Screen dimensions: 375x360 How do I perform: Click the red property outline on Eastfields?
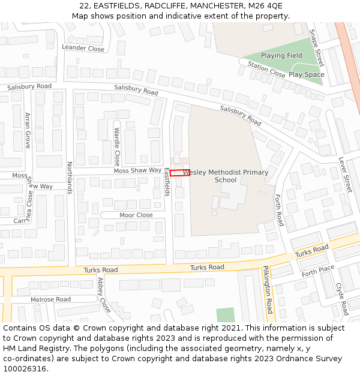(x=180, y=173)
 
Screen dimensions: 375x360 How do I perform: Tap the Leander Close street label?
(x=83, y=48)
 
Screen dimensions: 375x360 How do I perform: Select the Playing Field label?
(x=281, y=56)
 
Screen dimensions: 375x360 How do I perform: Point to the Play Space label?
(x=307, y=75)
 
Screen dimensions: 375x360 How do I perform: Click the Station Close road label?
(x=266, y=70)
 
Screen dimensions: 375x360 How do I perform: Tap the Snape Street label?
(x=316, y=48)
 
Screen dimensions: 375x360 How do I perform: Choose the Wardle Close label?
(x=117, y=146)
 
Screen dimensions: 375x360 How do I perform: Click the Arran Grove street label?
(x=27, y=131)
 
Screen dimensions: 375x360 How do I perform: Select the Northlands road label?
(x=70, y=178)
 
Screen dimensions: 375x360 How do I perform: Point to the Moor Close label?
(x=136, y=215)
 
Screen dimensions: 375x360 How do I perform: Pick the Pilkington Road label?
(x=268, y=291)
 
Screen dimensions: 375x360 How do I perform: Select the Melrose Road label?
(x=51, y=299)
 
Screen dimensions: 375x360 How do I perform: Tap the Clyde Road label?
(x=342, y=299)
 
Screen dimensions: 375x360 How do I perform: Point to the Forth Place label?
(x=317, y=271)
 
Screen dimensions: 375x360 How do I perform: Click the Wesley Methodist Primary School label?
(x=226, y=176)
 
